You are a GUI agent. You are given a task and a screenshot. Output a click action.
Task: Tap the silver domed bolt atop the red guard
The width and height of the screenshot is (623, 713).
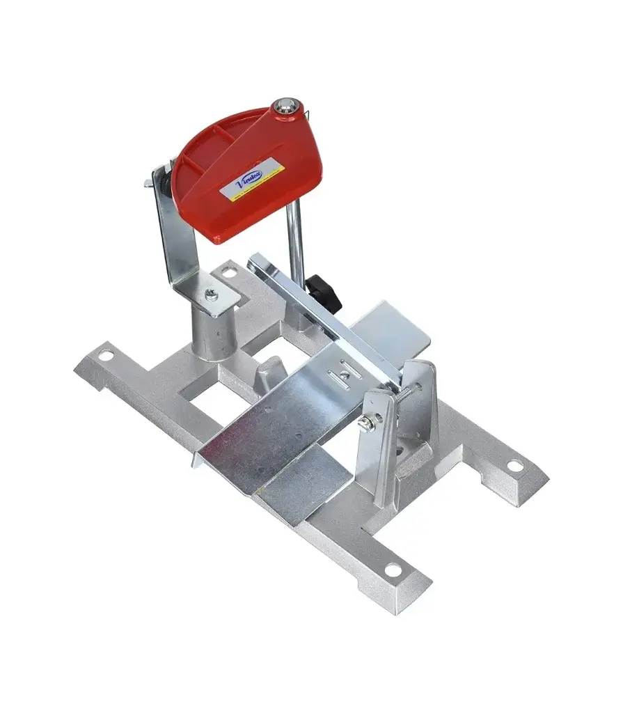(x=284, y=105)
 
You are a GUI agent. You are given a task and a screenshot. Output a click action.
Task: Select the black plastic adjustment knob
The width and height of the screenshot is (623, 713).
(x=324, y=292)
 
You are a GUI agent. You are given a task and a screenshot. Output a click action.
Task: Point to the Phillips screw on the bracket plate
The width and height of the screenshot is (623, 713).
(x=212, y=295)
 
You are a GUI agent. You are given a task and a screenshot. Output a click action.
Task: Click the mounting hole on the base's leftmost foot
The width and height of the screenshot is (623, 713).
(x=105, y=356)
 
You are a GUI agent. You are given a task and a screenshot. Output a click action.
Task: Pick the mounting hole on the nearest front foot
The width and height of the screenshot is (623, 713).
(x=393, y=570)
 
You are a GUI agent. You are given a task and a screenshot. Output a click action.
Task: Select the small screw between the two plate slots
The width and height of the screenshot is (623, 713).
(x=345, y=377)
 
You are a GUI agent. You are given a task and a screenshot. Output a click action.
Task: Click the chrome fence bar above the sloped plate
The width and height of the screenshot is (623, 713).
(x=320, y=313)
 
